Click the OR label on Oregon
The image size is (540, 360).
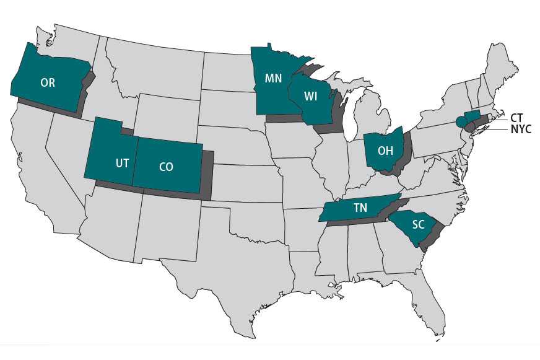48,82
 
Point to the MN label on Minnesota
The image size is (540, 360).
274,79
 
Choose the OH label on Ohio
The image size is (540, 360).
385,151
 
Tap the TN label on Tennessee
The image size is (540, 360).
361,208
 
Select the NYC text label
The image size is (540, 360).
521,130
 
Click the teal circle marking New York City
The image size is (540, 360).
461,121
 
